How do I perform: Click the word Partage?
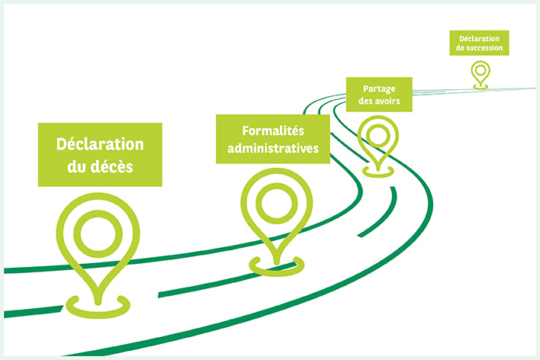tap(380, 88)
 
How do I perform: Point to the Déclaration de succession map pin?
tap(480, 72)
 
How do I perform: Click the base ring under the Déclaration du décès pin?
tap(99, 307)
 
